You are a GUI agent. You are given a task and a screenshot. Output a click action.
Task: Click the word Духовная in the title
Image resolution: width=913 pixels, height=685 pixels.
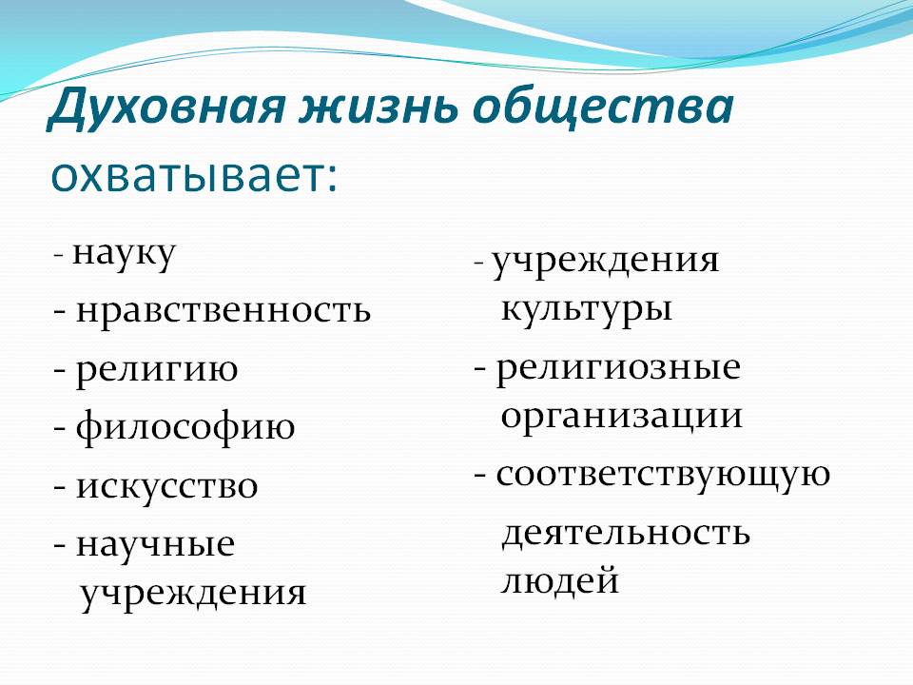tap(165, 108)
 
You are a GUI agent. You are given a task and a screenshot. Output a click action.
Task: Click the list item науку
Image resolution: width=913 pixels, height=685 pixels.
tap(124, 254)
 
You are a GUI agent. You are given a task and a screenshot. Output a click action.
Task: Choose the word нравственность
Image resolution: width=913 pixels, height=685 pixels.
tap(223, 310)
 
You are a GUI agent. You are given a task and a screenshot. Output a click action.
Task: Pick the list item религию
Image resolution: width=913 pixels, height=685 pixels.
tap(157, 370)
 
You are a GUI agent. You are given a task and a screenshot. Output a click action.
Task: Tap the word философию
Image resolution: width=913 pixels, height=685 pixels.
tap(185, 427)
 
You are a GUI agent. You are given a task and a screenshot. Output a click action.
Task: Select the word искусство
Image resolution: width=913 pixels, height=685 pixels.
tap(167, 486)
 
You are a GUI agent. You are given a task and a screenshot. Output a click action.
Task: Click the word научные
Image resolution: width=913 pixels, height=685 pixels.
tap(155, 544)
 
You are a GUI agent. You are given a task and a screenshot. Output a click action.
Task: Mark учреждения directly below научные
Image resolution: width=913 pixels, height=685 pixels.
tap(193, 594)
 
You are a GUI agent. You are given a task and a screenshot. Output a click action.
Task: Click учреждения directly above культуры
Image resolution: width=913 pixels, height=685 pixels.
tap(606, 261)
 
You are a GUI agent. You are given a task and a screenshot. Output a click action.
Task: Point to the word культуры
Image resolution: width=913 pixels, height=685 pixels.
tap(587, 308)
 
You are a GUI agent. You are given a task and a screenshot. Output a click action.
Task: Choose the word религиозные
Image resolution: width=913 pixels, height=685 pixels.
tap(618, 369)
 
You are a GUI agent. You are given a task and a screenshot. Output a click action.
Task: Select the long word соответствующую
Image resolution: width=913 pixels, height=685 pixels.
tap(663, 476)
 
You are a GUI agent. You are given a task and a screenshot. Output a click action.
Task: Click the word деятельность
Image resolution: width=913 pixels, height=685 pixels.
tap(626, 533)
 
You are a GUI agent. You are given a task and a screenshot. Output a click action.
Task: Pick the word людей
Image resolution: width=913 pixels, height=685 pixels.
tap(559, 581)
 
